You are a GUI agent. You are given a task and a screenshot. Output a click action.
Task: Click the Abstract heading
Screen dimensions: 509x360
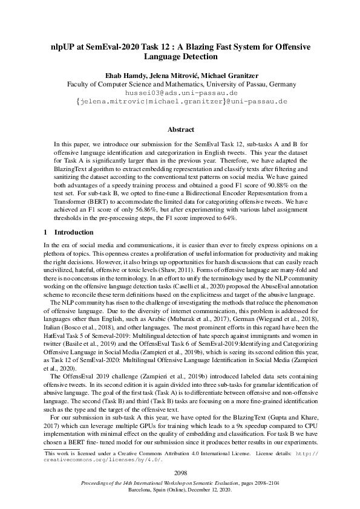[x=180, y=130]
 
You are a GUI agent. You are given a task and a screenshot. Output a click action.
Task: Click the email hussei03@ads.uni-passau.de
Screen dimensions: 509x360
[x=180, y=94]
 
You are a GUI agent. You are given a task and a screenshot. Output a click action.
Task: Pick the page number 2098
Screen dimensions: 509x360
[x=180, y=472]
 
